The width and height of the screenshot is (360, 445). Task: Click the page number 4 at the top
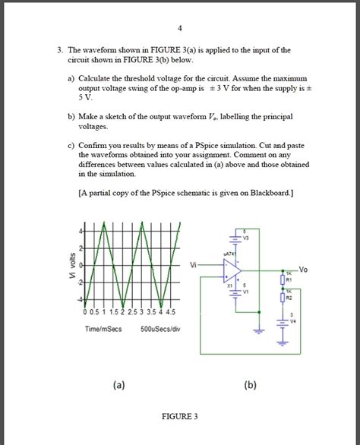(180, 28)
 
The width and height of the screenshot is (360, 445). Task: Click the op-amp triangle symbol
(232, 270)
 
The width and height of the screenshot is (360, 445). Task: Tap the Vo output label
(303, 269)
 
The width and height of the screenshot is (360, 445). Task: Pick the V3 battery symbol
(238, 238)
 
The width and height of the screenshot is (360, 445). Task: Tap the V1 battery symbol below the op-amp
(238, 292)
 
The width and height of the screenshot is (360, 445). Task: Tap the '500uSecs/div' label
(159, 329)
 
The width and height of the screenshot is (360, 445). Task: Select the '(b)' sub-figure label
(250, 385)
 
